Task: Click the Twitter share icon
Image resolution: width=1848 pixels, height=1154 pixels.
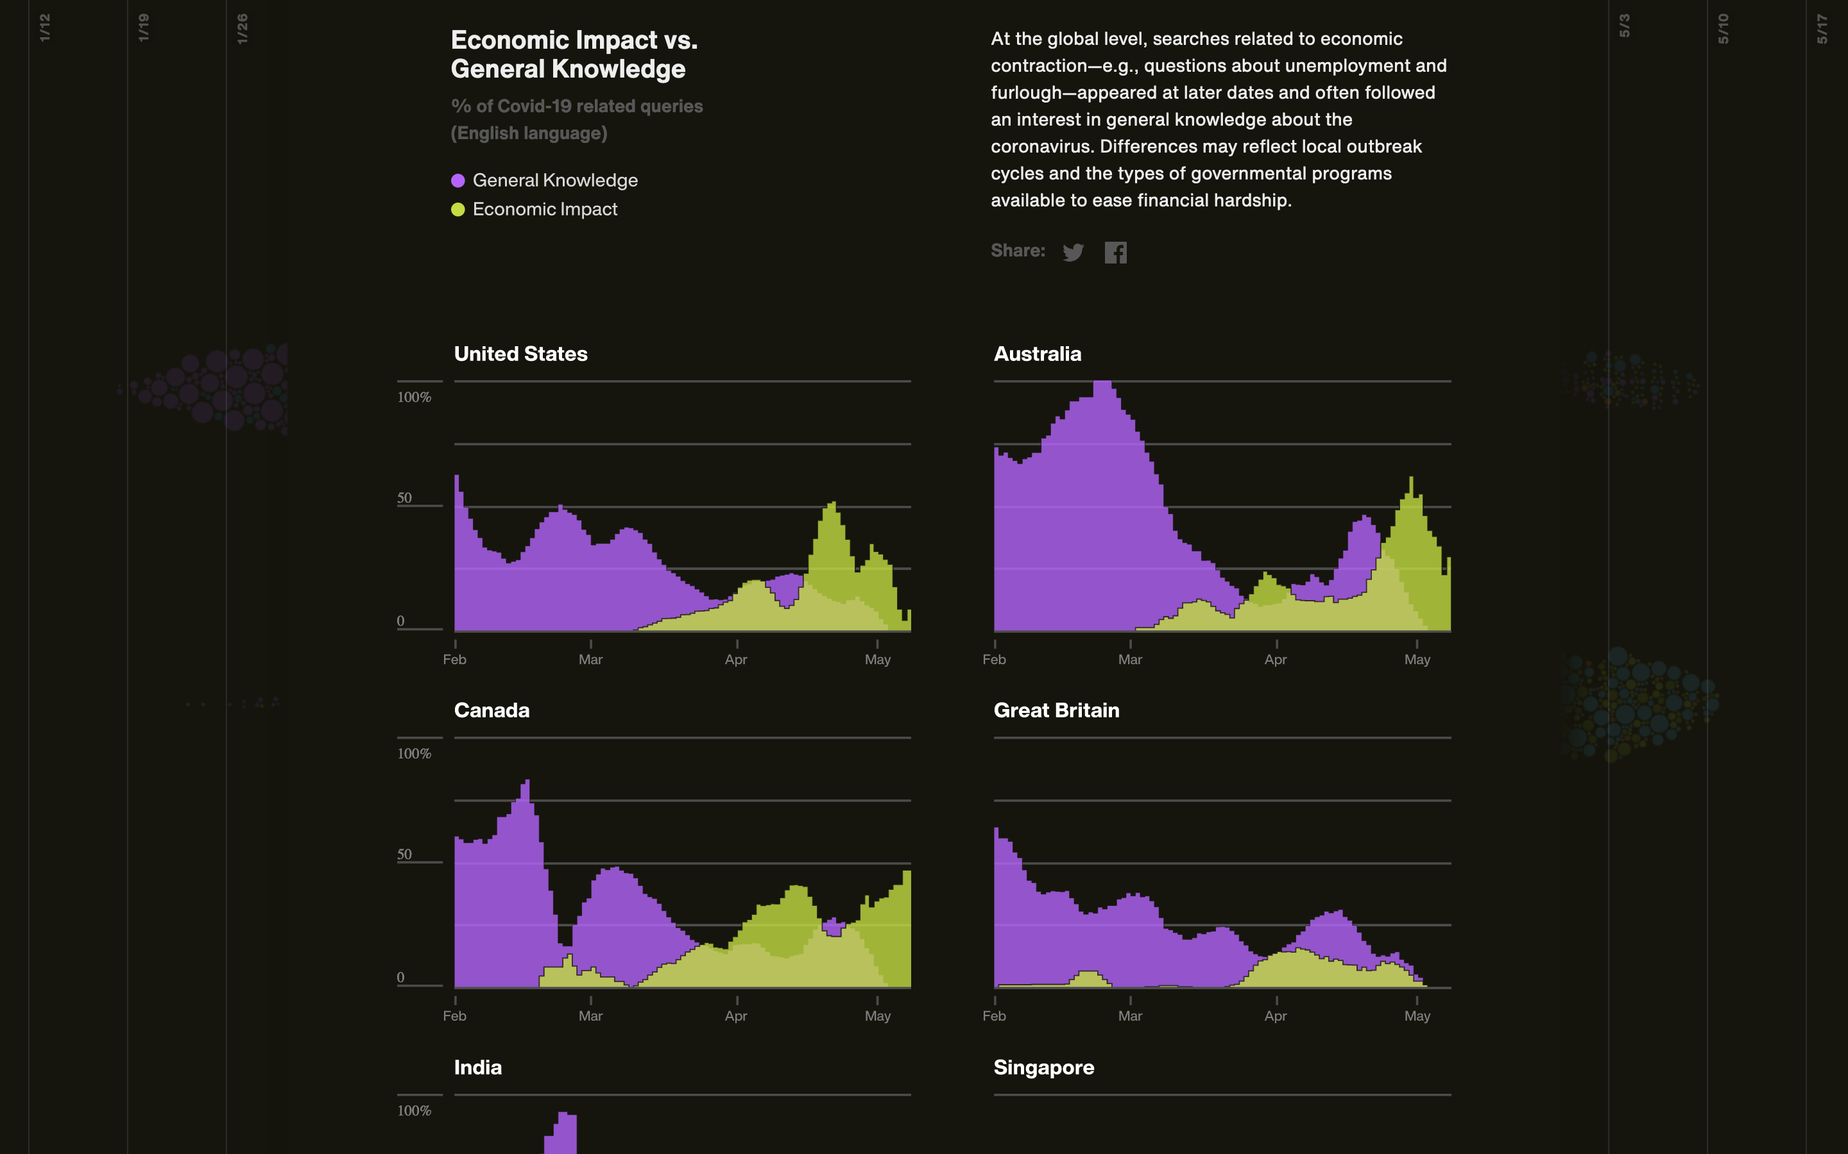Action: click(x=1073, y=253)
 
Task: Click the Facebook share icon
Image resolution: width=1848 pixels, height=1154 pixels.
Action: click(x=1115, y=253)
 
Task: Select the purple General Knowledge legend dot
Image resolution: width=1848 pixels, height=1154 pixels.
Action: click(x=458, y=181)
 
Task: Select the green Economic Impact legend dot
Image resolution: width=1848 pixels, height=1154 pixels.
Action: click(x=458, y=210)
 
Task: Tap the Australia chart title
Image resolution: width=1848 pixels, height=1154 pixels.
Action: click(x=1037, y=354)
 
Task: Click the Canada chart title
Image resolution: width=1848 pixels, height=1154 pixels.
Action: click(x=491, y=710)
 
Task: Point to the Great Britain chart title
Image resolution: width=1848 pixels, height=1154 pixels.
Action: click(x=1056, y=710)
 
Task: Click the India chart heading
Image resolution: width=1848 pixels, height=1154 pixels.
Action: click(x=477, y=1067)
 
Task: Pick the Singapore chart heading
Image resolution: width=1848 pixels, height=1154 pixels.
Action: click(x=1043, y=1067)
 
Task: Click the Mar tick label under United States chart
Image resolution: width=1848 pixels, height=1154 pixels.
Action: click(x=590, y=660)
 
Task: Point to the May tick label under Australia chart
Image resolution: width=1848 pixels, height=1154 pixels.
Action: click(x=1417, y=660)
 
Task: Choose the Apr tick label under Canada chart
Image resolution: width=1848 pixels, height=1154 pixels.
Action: click(x=736, y=1016)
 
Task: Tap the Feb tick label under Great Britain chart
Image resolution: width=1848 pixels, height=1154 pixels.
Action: click(x=993, y=1016)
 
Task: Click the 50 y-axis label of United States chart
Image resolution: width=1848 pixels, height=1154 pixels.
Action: click(x=404, y=498)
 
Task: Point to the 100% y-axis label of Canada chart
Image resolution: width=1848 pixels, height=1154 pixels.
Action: click(x=414, y=754)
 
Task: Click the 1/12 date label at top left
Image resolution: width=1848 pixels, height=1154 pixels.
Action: click(x=45, y=28)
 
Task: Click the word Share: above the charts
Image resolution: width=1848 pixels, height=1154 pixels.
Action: click(x=1017, y=251)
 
